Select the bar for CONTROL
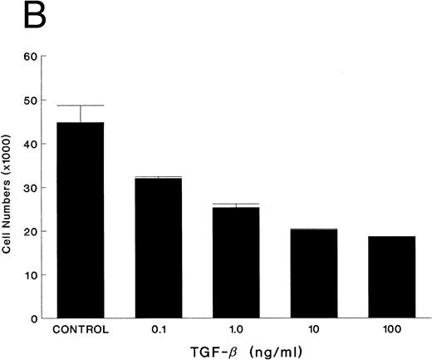click(81, 220)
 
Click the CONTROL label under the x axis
click(81, 330)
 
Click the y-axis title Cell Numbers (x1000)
click(11, 188)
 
